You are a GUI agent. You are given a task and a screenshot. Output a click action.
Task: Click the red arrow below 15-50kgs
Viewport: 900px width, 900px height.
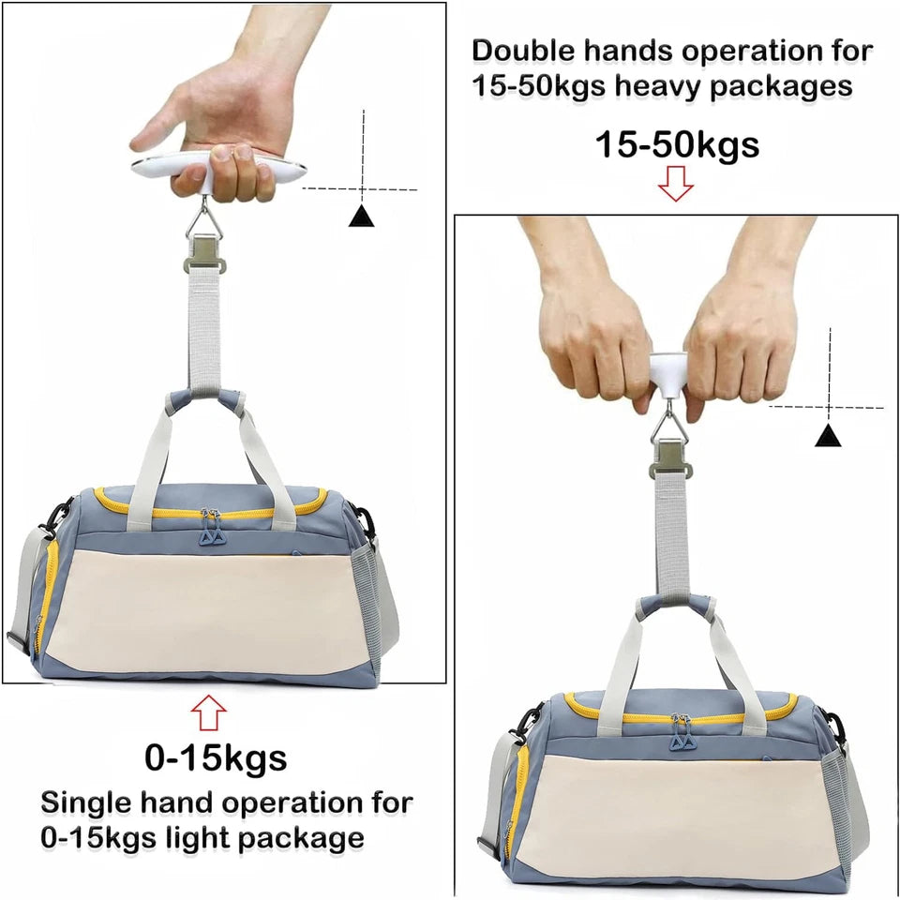click(675, 186)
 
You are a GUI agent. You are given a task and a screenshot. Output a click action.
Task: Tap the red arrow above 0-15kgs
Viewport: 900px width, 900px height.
click(208, 714)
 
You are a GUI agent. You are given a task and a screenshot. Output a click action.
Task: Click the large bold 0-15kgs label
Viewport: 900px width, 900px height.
click(216, 757)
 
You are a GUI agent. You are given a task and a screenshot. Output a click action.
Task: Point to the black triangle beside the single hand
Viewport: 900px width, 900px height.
click(362, 217)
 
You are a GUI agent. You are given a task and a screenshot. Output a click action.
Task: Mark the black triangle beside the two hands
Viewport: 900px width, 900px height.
click(826, 435)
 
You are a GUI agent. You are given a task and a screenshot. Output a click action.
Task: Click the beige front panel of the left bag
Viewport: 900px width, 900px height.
click(202, 609)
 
